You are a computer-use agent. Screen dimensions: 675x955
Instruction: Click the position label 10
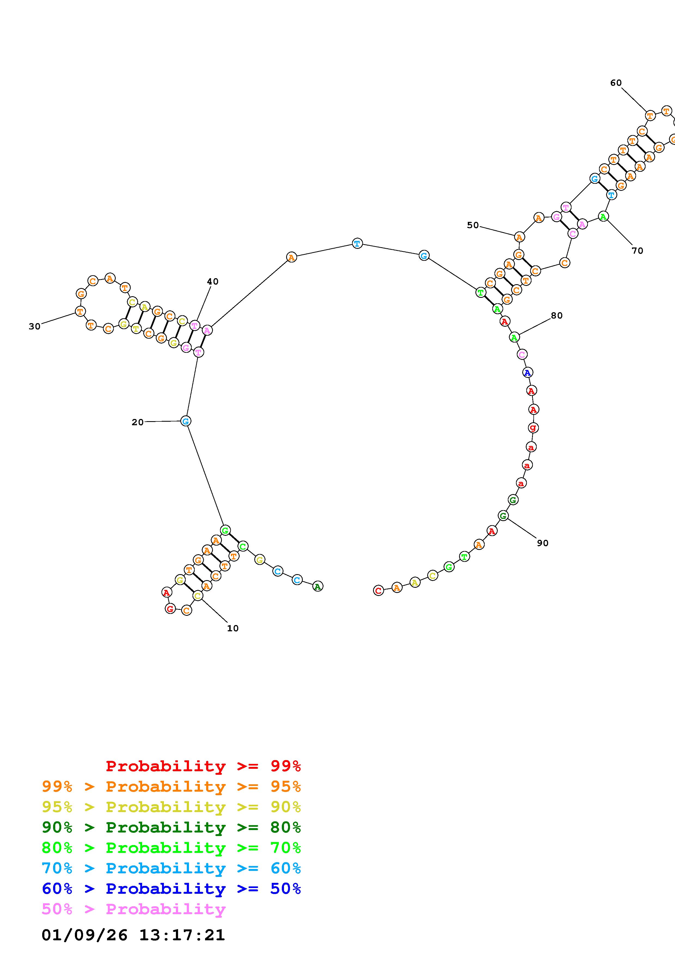[233, 629]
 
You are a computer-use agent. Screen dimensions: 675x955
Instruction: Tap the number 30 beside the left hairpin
[35, 326]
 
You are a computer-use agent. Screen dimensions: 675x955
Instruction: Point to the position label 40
[213, 281]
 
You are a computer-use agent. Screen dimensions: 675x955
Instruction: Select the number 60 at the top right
[616, 83]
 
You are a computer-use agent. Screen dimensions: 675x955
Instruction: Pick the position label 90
[542, 543]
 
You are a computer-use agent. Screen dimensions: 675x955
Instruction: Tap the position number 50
[473, 225]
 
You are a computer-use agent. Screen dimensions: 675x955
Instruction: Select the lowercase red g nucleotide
[533, 428]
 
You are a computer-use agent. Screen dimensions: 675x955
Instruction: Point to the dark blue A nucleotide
[527, 373]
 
